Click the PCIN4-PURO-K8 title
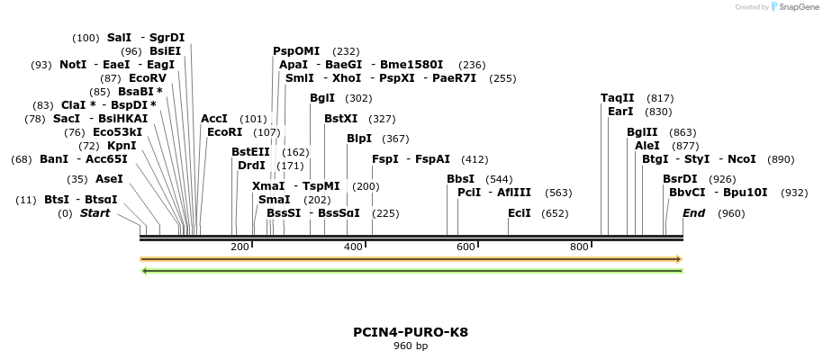[x=411, y=332]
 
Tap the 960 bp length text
[x=411, y=346]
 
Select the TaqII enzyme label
[x=618, y=98]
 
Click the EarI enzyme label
[x=620, y=112]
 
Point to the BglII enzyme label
[x=642, y=132]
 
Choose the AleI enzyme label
[x=647, y=146]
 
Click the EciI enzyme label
[x=520, y=213]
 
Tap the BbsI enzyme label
[x=460, y=179]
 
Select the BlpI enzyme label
[x=359, y=139]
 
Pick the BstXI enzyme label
[x=340, y=119]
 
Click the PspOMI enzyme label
[x=296, y=51]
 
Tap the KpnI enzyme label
[x=122, y=146]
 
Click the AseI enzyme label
[x=109, y=179]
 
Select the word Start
[x=95, y=213]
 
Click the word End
[x=693, y=213]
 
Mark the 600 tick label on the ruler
[x=466, y=247]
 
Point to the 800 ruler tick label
[x=579, y=247]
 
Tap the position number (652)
[x=556, y=213]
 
